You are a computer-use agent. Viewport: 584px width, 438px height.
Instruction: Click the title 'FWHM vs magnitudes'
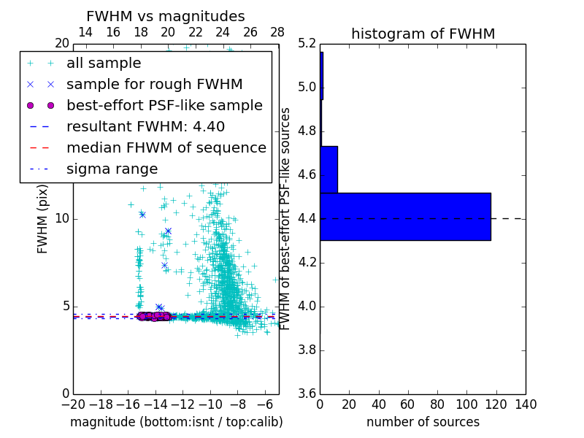tap(165, 16)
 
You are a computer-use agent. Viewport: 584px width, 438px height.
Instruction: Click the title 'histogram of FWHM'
tap(423, 34)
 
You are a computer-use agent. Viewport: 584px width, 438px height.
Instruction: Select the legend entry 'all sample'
tap(104, 64)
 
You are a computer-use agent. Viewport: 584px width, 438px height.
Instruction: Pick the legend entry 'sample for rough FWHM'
tap(155, 84)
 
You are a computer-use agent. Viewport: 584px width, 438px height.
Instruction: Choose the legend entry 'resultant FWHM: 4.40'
tap(145, 126)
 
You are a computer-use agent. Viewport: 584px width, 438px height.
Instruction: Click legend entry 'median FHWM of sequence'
tap(166, 147)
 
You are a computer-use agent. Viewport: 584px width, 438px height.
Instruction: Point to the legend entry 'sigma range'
tap(112, 169)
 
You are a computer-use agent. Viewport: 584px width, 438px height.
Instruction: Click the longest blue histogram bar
tap(405, 216)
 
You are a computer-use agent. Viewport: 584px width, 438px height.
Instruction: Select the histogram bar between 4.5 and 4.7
tap(328, 169)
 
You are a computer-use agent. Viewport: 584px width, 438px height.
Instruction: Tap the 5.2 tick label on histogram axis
tap(307, 44)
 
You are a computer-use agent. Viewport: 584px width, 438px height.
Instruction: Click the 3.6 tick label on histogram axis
tap(307, 393)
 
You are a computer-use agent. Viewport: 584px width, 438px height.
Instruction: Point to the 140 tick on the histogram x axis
tap(526, 404)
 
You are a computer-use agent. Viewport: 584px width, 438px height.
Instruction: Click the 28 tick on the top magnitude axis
tap(277, 32)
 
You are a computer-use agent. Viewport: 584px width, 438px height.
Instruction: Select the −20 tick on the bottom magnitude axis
tap(73, 404)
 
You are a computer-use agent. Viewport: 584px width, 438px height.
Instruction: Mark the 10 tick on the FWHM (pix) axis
tap(62, 219)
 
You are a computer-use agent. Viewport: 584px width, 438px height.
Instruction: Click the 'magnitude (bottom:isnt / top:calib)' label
tap(176, 422)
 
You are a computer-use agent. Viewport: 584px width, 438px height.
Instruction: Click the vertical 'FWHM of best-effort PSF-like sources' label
tap(286, 218)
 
